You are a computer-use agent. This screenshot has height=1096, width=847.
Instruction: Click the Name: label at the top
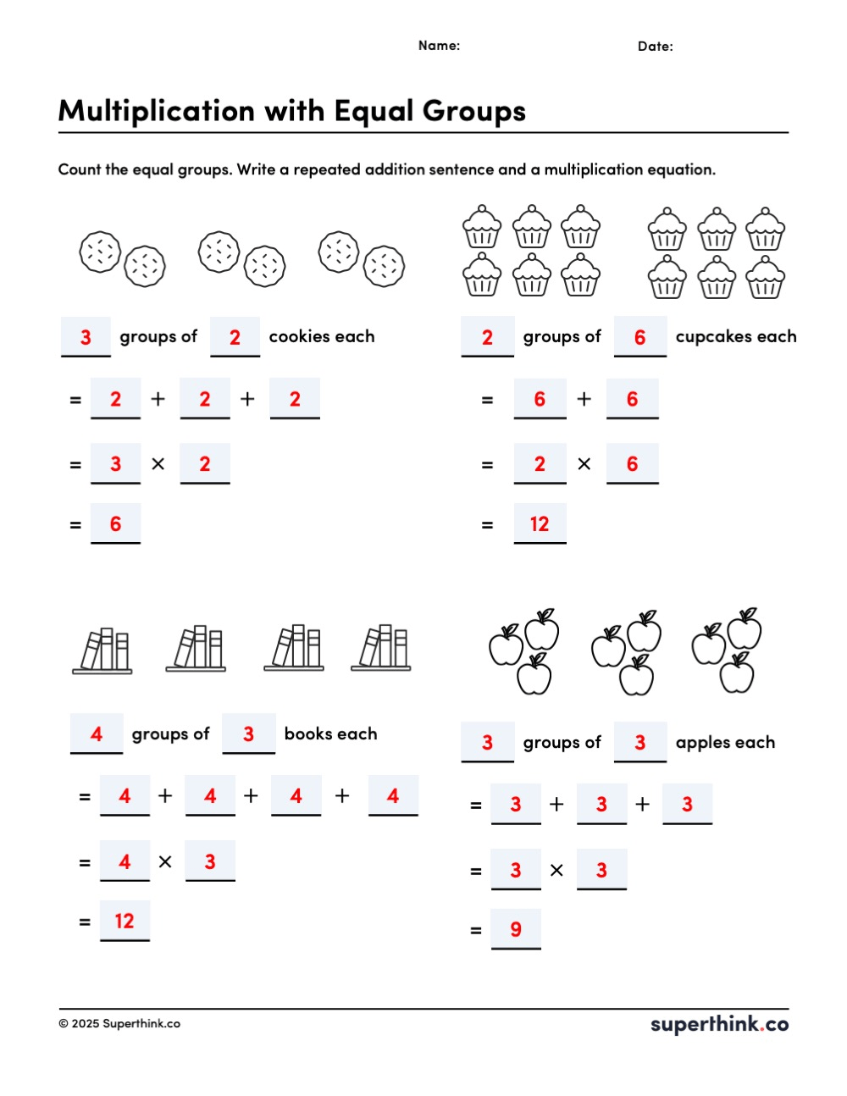click(439, 46)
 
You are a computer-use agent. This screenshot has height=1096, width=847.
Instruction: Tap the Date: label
click(655, 47)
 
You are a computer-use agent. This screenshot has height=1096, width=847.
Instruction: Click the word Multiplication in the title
click(157, 111)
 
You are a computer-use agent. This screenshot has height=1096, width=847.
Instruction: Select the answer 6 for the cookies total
click(115, 524)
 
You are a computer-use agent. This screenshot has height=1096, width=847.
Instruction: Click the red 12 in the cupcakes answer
click(540, 524)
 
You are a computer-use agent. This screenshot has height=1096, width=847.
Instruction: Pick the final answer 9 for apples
click(515, 929)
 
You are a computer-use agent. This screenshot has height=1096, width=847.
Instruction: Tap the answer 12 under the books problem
click(125, 921)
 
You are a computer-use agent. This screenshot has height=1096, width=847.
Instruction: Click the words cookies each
click(322, 336)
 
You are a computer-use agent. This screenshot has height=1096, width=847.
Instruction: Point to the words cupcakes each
click(736, 337)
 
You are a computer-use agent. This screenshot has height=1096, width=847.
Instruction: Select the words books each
click(330, 733)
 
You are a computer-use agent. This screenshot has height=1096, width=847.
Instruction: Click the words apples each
click(725, 743)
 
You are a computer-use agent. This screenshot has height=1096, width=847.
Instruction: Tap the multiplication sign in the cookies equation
click(158, 463)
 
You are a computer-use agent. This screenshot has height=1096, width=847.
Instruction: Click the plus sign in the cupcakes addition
click(584, 399)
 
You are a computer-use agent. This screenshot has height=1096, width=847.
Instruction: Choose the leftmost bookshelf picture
click(102, 650)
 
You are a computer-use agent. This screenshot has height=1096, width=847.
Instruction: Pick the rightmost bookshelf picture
click(381, 648)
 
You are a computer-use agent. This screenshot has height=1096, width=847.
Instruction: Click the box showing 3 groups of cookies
click(86, 336)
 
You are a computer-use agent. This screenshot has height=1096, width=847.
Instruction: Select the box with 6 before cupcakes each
click(639, 336)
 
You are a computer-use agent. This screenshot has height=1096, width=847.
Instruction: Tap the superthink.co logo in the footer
click(719, 1024)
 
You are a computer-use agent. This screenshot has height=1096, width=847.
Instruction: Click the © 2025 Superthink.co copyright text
click(119, 1023)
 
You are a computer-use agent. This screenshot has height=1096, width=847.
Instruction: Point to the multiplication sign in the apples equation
click(556, 870)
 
